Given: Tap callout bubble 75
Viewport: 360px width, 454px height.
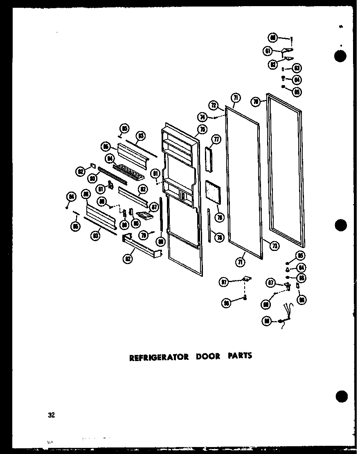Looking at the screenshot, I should point(201,130).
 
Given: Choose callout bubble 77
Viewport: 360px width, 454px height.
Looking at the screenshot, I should point(216,140).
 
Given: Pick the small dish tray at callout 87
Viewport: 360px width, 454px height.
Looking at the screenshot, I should point(144,215).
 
